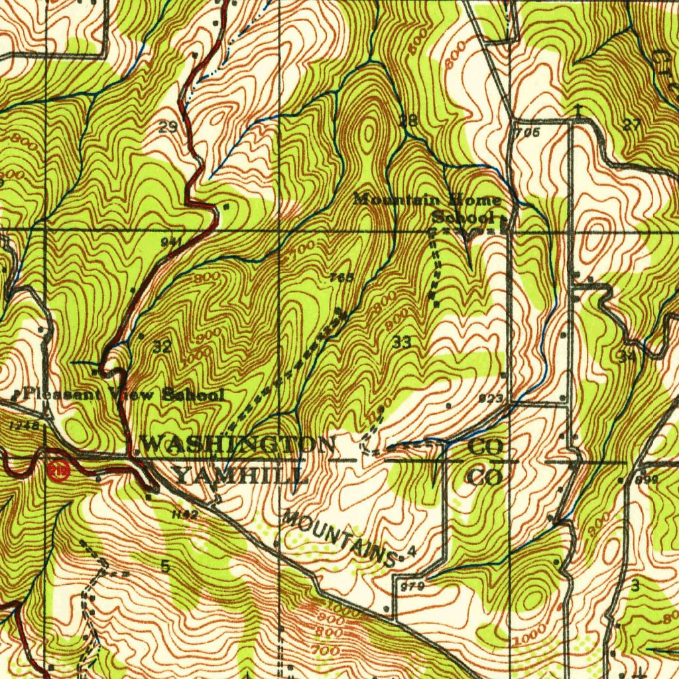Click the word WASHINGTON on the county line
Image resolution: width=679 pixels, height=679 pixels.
238,444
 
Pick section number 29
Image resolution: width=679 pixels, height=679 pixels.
167,127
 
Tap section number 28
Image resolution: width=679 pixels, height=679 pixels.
408,121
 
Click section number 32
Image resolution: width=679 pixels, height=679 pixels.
162,345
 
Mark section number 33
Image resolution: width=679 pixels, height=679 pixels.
401,342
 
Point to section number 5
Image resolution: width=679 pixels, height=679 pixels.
164,566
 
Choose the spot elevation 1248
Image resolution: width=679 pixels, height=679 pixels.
24,424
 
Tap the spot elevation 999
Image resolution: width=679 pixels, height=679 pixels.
645,479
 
